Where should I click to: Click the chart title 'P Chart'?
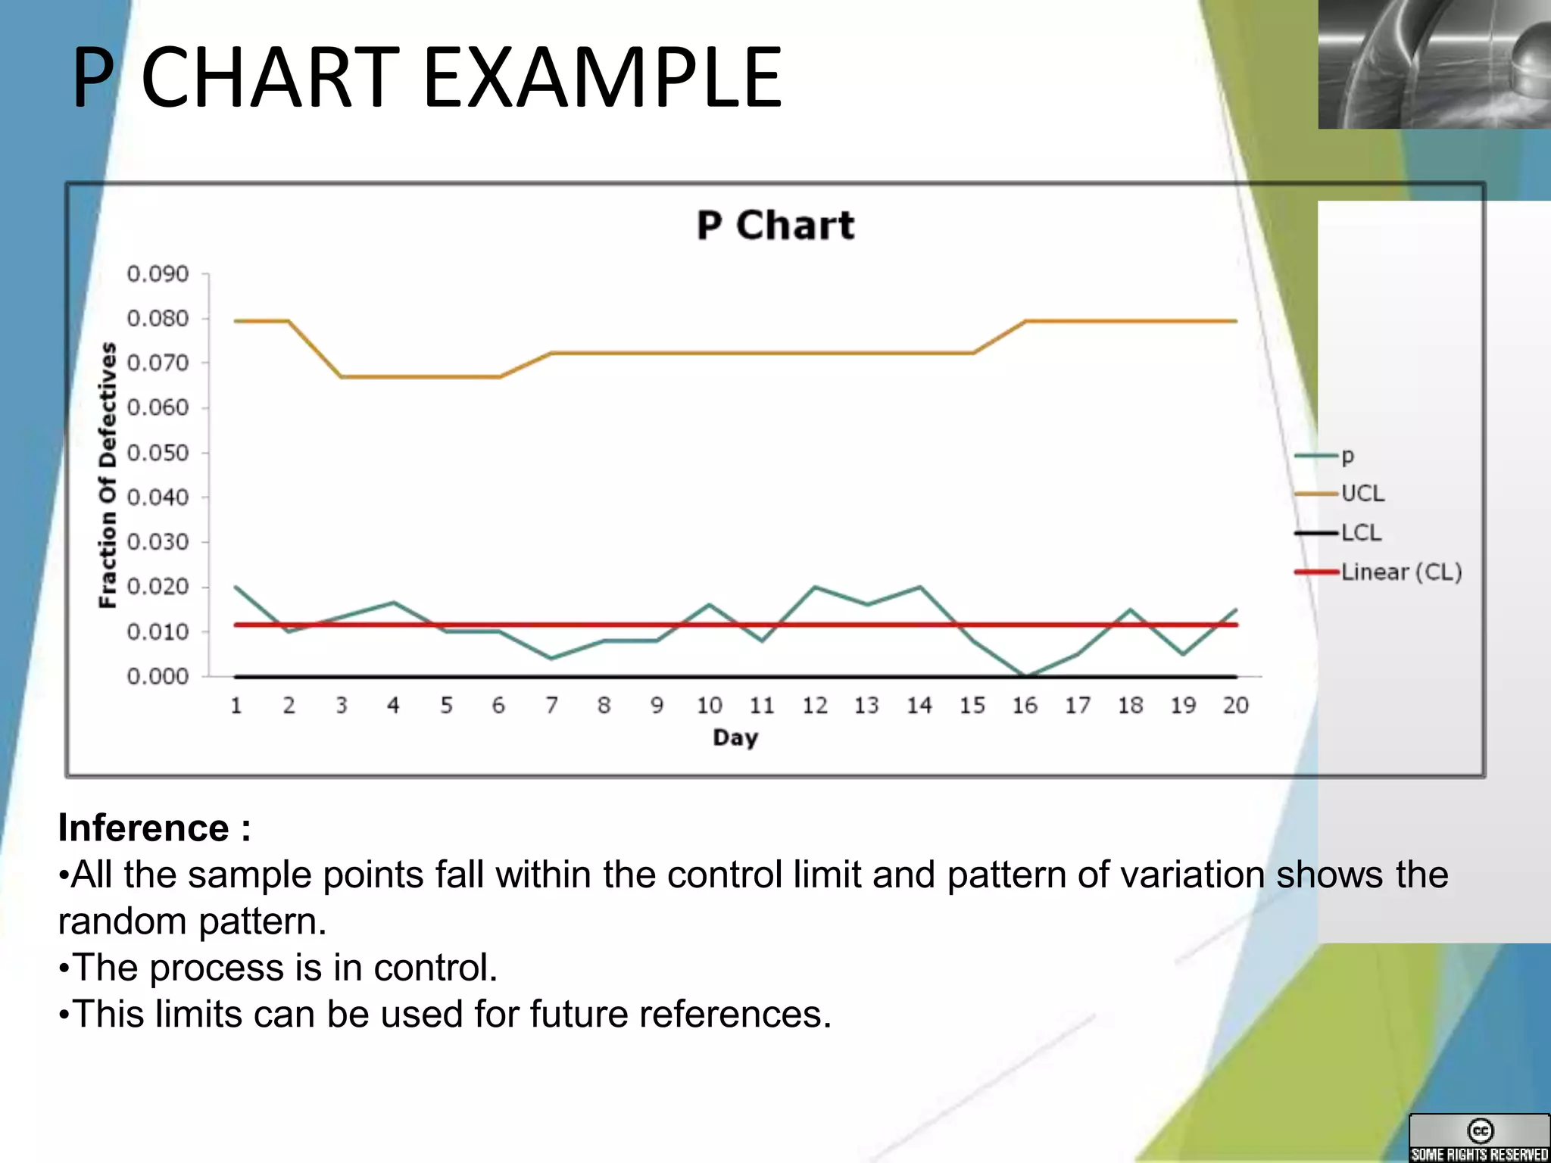click(775, 225)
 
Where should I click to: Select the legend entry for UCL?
click(1362, 494)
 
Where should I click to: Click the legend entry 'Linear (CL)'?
click(1400, 572)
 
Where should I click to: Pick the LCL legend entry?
click(1361, 533)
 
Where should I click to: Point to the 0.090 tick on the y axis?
click(158, 274)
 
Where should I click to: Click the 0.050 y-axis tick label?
click(158, 453)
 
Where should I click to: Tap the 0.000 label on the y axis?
click(158, 676)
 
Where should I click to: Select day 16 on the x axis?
click(1025, 706)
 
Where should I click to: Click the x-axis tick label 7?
click(551, 706)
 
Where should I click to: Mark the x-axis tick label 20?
click(1235, 706)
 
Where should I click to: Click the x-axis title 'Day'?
click(735, 737)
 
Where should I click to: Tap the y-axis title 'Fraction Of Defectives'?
click(108, 475)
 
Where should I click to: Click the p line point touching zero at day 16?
click(1025, 675)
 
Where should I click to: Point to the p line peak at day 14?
click(919, 587)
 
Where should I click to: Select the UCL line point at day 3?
click(342, 376)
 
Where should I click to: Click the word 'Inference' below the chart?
click(144, 828)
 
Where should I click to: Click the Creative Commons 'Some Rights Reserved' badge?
click(1479, 1138)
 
